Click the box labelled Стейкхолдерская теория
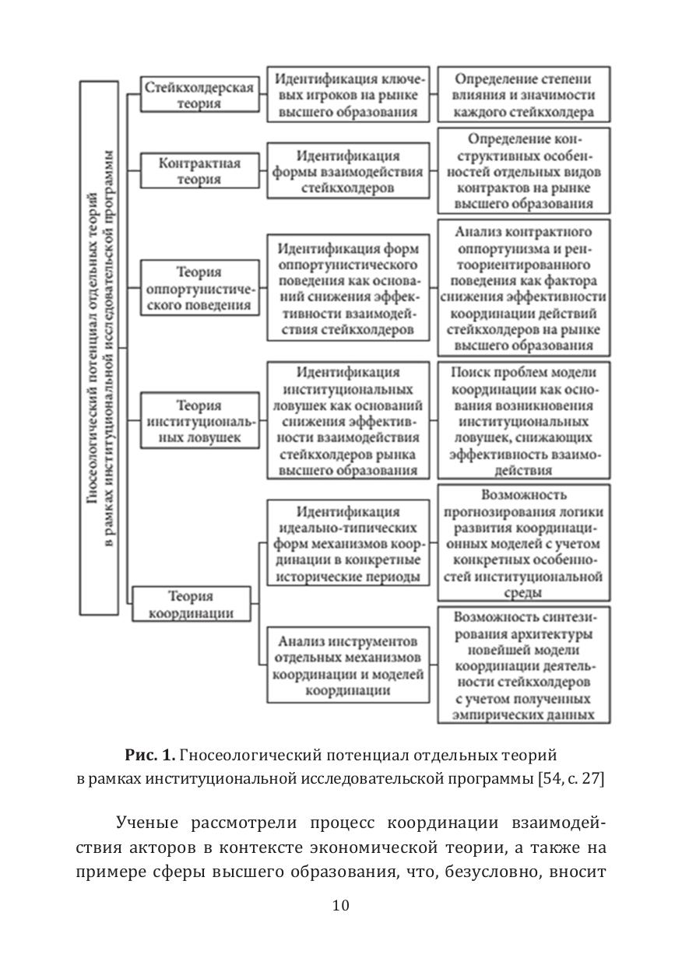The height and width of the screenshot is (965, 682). [199, 95]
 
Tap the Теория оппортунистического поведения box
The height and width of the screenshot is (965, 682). [199, 288]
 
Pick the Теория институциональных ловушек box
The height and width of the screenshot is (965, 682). [199, 421]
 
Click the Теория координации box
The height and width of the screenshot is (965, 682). [192, 604]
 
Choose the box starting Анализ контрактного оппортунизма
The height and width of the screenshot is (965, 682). [523, 288]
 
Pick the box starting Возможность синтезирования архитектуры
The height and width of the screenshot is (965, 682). [523, 665]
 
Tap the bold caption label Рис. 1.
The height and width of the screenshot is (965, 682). [149, 756]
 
